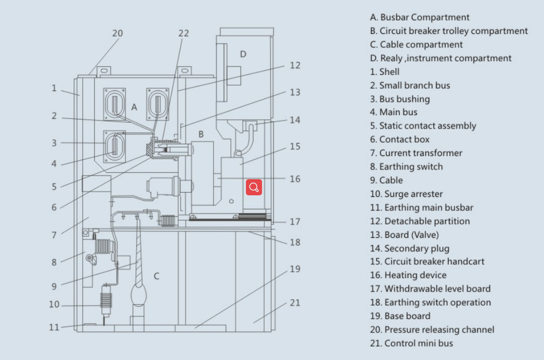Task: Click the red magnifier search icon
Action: point(255,187)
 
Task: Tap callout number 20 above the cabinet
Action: point(117,33)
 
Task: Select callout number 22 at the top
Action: point(183,33)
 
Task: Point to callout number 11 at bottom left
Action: point(54,327)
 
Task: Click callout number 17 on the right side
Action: point(295,221)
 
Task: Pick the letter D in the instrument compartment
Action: point(243,54)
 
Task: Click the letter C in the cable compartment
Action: point(157,276)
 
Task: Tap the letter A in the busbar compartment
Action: point(135,107)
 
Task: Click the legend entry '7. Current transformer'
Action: point(416,153)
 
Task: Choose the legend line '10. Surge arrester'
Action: point(406,194)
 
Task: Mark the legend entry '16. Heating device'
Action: point(408,275)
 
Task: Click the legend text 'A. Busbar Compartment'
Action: point(420,17)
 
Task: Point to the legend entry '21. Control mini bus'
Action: point(411,343)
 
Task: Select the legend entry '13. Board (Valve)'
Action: point(404,235)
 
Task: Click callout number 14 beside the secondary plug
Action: point(295,119)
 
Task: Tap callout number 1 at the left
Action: point(54,88)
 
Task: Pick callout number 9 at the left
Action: point(54,287)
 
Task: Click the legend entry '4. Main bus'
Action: point(393,112)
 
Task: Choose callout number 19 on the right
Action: point(295,269)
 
